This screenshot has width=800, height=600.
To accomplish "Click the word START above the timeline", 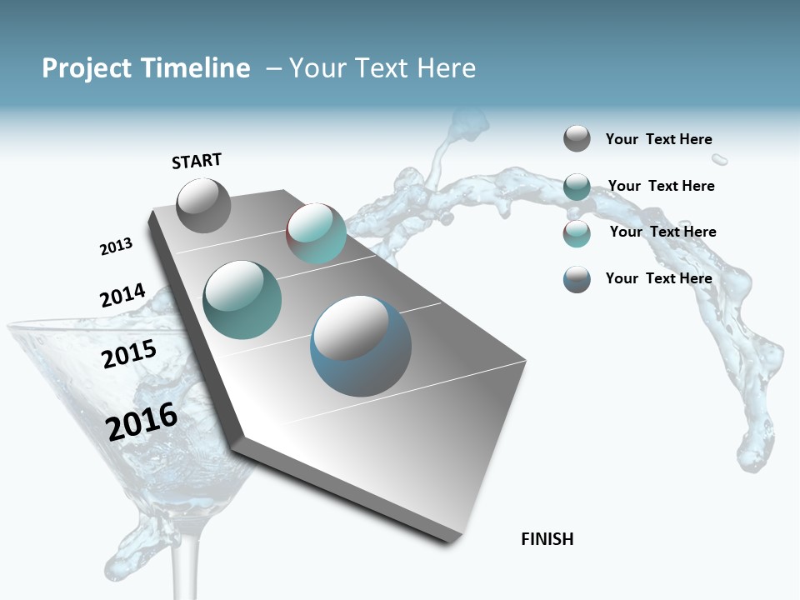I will tap(197, 161).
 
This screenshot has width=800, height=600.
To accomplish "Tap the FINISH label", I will tap(547, 539).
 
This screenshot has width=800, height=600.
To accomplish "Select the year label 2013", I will tap(116, 247).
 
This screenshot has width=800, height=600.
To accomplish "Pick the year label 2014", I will tap(122, 296).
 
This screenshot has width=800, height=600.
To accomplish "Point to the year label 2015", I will tap(129, 354).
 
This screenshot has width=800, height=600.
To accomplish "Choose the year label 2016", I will tap(142, 421).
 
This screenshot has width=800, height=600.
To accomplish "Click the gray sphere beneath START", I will tap(203, 205).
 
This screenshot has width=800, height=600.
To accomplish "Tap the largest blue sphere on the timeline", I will tap(361, 346).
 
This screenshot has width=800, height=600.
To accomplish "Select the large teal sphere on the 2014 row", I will tap(242, 299).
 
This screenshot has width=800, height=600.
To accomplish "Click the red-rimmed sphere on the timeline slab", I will tap(316, 233).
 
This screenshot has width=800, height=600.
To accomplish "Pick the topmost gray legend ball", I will tap(577, 138).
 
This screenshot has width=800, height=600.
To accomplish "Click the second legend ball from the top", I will tap(577, 187).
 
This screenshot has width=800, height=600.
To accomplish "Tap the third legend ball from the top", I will tap(577, 233).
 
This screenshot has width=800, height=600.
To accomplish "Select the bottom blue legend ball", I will tap(577, 279).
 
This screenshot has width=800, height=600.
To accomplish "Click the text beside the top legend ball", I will tap(658, 140).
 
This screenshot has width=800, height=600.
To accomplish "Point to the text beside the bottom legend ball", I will tap(658, 278).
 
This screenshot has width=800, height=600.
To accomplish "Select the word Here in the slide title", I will tap(446, 68).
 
